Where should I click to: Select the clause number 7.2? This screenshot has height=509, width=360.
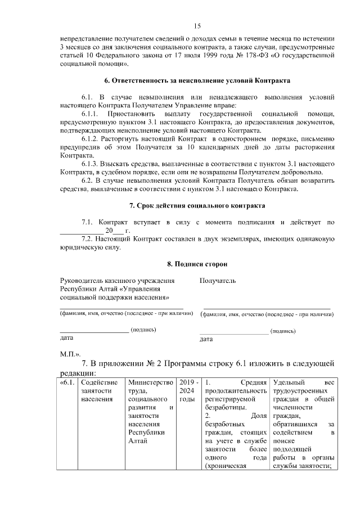click(88, 238)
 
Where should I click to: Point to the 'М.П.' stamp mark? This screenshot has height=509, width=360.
click(70, 354)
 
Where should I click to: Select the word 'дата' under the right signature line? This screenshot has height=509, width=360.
click(206, 340)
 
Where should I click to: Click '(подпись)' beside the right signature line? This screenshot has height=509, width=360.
click(283, 332)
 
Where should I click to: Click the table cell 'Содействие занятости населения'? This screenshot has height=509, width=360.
click(96, 391)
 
